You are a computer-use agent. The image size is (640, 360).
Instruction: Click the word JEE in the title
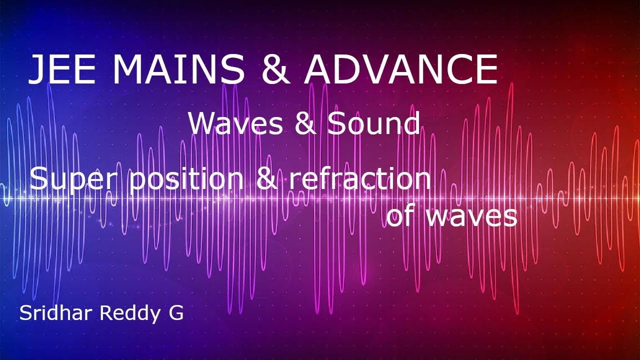(x=62, y=69)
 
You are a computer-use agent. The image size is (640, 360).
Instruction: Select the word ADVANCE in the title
(x=400, y=69)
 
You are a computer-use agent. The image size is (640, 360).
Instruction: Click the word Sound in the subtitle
(x=373, y=123)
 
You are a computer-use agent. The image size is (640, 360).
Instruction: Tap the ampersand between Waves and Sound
(x=305, y=123)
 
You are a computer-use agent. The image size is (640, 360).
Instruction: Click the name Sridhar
(x=55, y=313)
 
